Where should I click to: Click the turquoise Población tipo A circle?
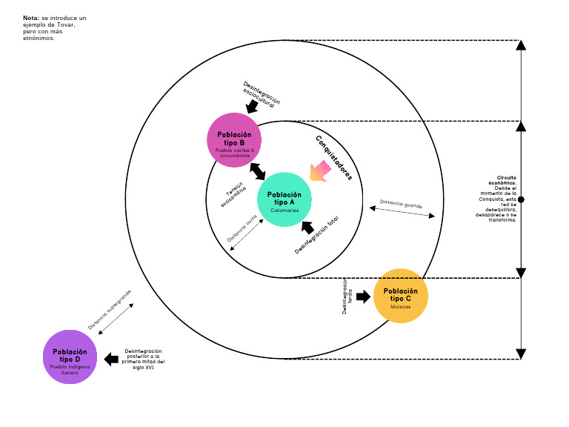pyautogui.click(x=284, y=199)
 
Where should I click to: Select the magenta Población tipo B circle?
pyautogui.click(x=235, y=139)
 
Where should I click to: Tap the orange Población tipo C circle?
pyautogui.click(x=401, y=295)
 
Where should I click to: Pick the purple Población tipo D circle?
pyautogui.click(x=70, y=357)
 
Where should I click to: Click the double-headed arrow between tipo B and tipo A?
pyautogui.click(x=258, y=171)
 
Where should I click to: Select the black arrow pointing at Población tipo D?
pyautogui.click(x=111, y=360)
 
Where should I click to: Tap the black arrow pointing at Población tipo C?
pyautogui.click(x=363, y=297)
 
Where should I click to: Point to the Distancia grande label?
pyautogui.click(x=401, y=202)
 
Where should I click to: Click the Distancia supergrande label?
pyautogui.click(x=110, y=310)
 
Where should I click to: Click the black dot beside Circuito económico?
pyautogui.click(x=521, y=199)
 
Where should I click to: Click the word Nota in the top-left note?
pyautogui.click(x=30, y=17)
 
